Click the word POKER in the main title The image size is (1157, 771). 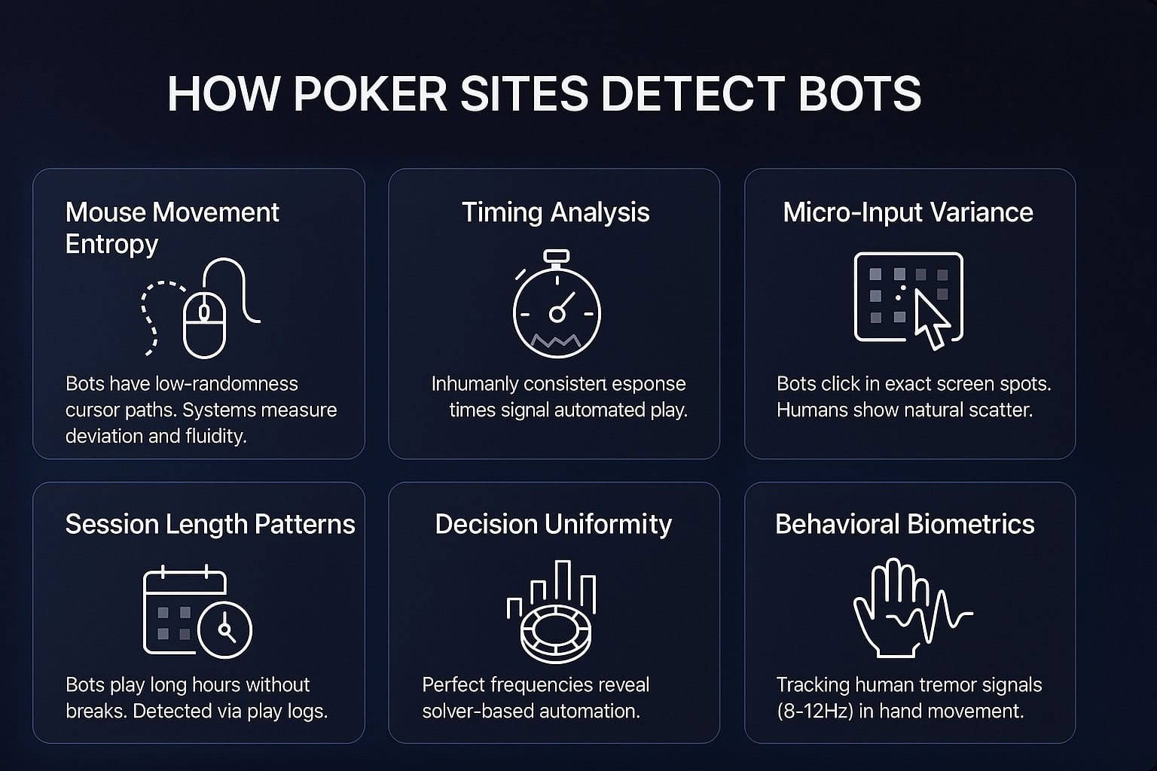[x=370, y=93]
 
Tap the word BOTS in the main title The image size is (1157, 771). [x=860, y=93]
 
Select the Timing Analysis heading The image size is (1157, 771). [x=556, y=212]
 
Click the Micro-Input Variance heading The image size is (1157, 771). [x=908, y=212]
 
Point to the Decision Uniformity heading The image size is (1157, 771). [x=553, y=524]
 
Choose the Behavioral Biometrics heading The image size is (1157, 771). [x=905, y=524]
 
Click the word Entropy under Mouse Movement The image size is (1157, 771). [x=111, y=244]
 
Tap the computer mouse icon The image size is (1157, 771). [x=205, y=325]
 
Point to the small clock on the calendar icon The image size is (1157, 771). [x=224, y=629]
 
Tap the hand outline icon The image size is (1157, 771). [x=887, y=608]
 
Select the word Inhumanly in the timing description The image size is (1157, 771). [x=475, y=384]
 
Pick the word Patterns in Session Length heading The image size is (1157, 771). [x=304, y=524]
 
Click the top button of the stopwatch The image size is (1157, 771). [x=557, y=256]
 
